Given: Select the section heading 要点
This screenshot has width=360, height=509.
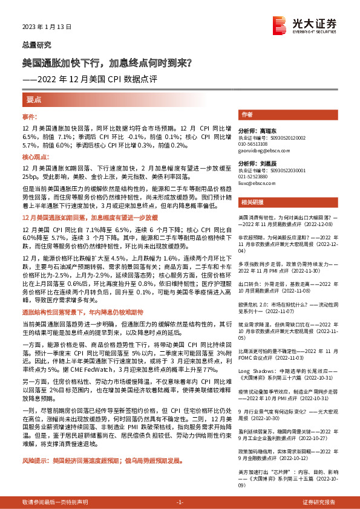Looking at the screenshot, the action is [x=33, y=100].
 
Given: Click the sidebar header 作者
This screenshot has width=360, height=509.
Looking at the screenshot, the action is [x=247, y=114].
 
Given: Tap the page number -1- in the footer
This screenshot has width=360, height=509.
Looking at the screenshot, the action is [x=180, y=502].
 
